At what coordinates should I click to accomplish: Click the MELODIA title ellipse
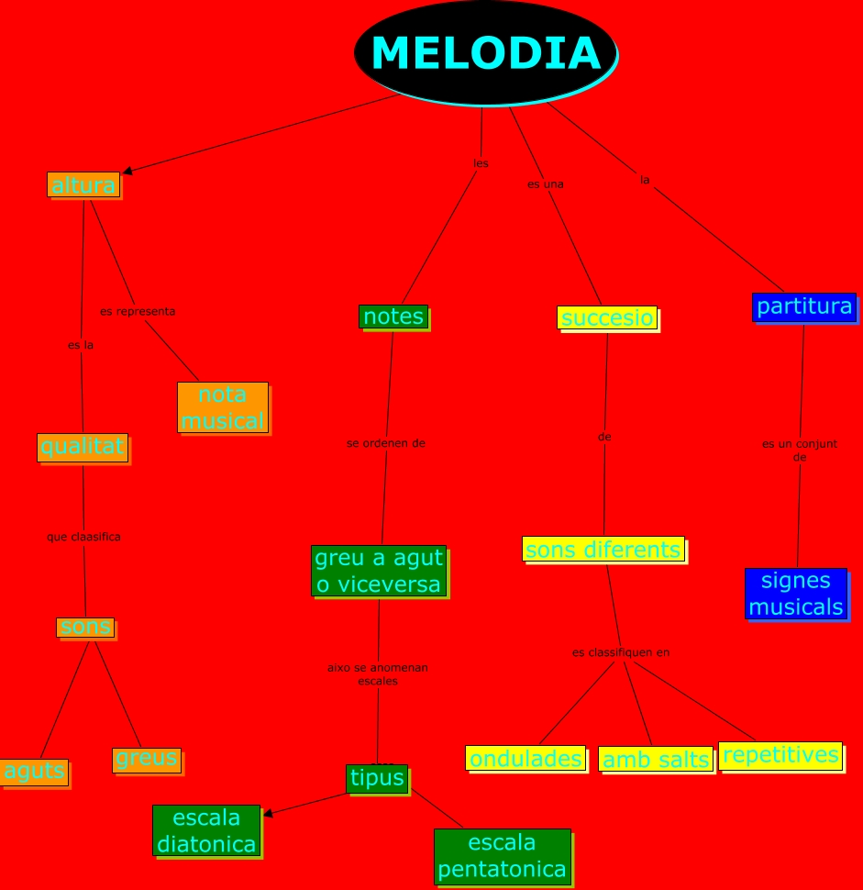485,52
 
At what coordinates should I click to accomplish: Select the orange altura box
83,185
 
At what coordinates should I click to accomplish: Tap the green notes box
393,317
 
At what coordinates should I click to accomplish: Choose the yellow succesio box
607,318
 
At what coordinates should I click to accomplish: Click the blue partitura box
804,306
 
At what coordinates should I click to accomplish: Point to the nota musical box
223,407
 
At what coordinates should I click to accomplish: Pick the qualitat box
83,447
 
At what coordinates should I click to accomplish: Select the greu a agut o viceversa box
378,571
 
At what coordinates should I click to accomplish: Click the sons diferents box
603,550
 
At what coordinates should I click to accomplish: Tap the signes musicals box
795,594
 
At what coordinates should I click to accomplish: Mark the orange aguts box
34,772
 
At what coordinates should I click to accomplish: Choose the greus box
147,759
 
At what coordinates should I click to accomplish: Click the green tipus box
377,778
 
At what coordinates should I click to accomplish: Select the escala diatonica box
206,830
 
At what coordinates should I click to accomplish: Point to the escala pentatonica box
502,856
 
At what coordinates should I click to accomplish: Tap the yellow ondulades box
526,759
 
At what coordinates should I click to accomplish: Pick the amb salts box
656,760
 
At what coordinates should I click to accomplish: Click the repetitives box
780,755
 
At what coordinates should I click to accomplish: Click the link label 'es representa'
138,311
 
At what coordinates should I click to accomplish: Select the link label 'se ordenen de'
386,443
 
